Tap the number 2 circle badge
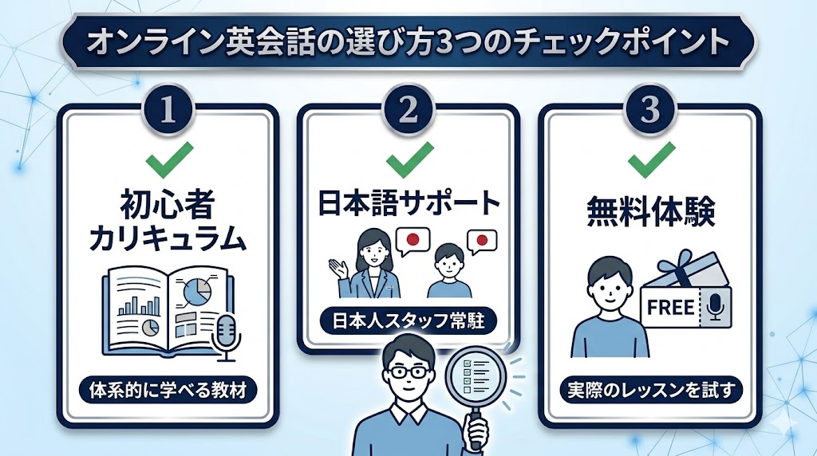point(408,110)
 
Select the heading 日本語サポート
point(408,203)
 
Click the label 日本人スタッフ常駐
point(408,321)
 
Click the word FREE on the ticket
point(671,308)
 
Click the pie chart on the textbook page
point(197,293)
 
